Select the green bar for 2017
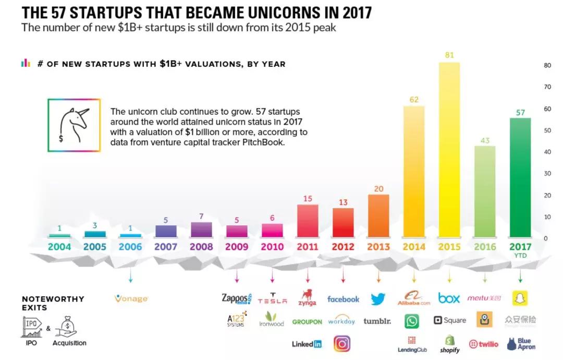pyautogui.click(x=520, y=177)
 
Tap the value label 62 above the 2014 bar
pyautogui.click(x=414, y=99)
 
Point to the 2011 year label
pyautogui.click(x=308, y=247)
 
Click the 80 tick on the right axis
pyautogui.click(x=547, y=66)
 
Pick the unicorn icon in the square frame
pyautogui.click(x=74, y=125)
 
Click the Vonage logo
pyautogui.click(x=131, y=299)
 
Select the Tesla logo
pyautogui.click(x=272, y=300)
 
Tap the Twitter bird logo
pyautogui.click(x=378, y=299)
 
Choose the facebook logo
pyautogui.click(x=343, y=299)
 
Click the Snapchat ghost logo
pyautogui.click(x=520, y=298)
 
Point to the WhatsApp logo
pyautogui.click(x=411, y=321)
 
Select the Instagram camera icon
pyautogui.click(x=342, y=343)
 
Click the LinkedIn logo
pyautogui.click(x=307, y=344)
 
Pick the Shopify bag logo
pyautogui.click(x=449, y=343)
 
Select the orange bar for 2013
pyautogui.click(x=378, y=215)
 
